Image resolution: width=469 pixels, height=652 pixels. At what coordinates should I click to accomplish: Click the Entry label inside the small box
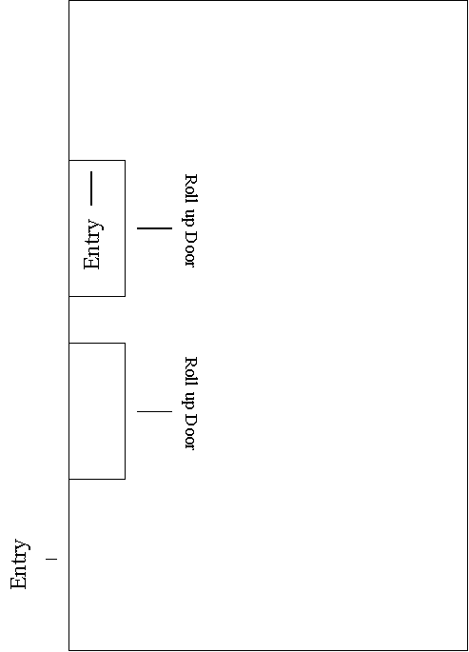(93, 245)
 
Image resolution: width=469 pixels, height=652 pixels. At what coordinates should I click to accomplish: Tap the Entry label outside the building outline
(20, 563)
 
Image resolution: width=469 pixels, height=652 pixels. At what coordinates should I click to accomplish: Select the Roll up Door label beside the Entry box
(190, 221)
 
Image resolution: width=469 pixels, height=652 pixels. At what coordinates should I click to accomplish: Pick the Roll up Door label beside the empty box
(190, 403)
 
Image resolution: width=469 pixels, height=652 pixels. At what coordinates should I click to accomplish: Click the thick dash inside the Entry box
(91, 188)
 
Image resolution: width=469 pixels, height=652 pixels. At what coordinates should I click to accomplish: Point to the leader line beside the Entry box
(154, 227)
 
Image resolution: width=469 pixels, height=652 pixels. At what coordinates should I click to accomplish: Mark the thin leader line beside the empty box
(154, 411)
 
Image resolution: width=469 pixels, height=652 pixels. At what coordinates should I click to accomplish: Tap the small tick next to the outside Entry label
(51, 560)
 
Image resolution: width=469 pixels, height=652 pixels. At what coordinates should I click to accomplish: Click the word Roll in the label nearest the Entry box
(190, 188)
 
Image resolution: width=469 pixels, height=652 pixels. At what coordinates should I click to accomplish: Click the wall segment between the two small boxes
(68, 320)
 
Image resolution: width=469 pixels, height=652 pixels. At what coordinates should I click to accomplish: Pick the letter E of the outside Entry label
(18, 583)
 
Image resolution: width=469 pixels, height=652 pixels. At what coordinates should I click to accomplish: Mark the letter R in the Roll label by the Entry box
(190, 181)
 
